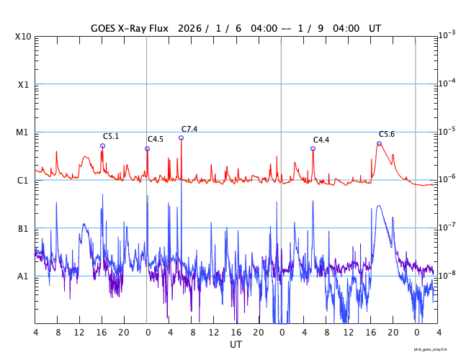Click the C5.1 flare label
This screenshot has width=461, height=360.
[111, 136]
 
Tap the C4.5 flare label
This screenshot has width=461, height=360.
[156, 139]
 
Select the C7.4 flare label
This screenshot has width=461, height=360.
[189, 129]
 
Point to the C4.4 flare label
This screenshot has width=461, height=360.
[321, 140]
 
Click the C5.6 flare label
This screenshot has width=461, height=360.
[387, 135]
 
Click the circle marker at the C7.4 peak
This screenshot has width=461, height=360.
[182, 138]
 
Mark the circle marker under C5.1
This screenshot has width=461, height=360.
[102, 145]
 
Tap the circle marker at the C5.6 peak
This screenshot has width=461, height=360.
[379, 143]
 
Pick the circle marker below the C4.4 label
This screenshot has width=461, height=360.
[313, 148]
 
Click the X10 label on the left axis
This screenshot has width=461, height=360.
[23, 36]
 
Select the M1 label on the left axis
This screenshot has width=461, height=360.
[23, 132]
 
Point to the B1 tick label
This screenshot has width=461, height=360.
[23, 228]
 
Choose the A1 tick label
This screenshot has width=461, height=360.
[23, 276]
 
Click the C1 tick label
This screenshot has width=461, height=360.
[23, 180]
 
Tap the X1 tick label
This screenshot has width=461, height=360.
[23, 84]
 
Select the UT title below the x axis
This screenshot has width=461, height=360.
[236, 345]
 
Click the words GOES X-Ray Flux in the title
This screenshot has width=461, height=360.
[130, 29]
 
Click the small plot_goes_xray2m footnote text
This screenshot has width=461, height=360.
[435, 349]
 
